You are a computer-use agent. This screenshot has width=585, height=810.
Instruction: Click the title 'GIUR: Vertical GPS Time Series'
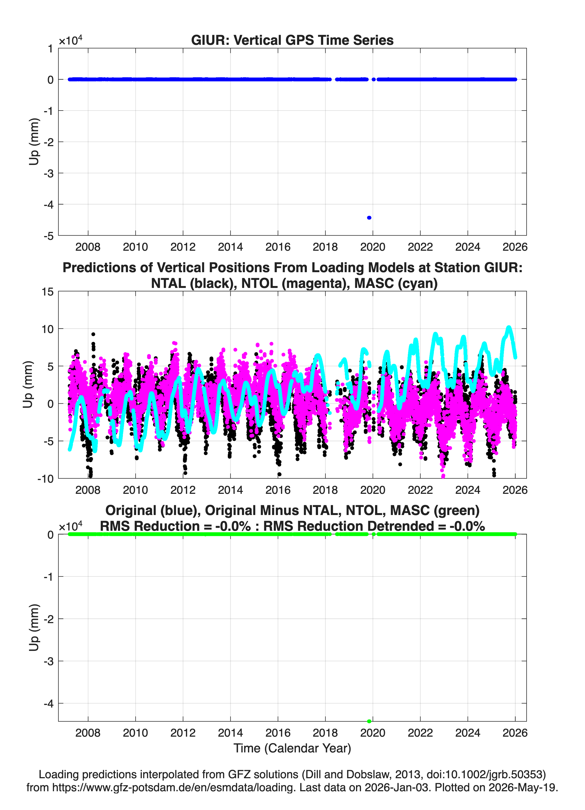coord(292,40)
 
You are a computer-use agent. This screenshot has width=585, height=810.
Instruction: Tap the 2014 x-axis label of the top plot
coord(230,247)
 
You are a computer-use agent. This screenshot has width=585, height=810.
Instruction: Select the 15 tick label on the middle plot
coord(48,292)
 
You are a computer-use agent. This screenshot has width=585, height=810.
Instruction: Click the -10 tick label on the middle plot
coord(45,479)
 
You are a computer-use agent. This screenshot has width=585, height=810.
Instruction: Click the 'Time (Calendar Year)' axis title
coord(292,748)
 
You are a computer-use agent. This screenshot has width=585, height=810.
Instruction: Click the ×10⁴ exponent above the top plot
coord(70,40)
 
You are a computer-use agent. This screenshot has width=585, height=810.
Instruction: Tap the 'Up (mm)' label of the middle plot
coord(28,384)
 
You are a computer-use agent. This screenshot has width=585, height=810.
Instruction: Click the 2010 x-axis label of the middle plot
coord(135,490)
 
